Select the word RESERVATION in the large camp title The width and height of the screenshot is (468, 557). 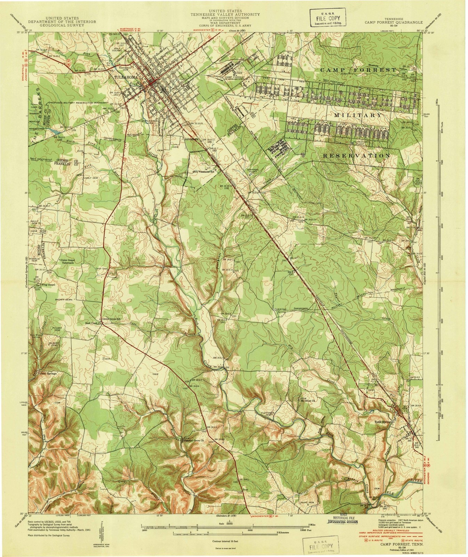(x=356, y=156)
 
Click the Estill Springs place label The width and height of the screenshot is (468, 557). (x=381, y=422)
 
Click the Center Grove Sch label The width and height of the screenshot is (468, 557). (x=110, y=319)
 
